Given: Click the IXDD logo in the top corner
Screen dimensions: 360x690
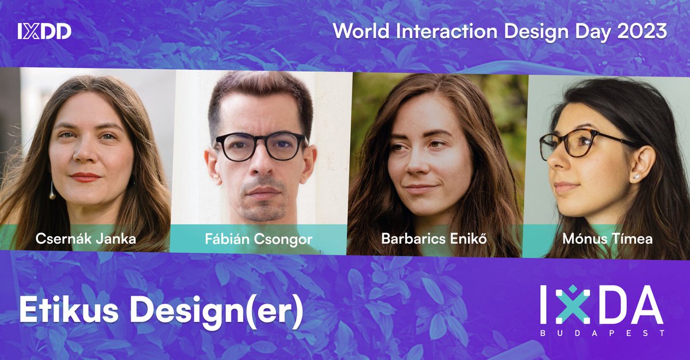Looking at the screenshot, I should [x=44, y=31].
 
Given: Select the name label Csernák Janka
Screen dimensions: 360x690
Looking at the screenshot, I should [x=86, y=239].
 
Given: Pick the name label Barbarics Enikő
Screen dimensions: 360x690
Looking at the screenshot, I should [x=434, y=239].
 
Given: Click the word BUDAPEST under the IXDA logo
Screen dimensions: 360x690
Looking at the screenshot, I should [x=601, y=333].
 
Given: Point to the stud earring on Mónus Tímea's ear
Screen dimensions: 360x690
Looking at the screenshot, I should [x=637, y=177].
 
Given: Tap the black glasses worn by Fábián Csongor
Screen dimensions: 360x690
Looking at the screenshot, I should [x=260, y=146].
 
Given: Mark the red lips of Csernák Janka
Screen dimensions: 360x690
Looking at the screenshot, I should [x=86, y=177].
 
